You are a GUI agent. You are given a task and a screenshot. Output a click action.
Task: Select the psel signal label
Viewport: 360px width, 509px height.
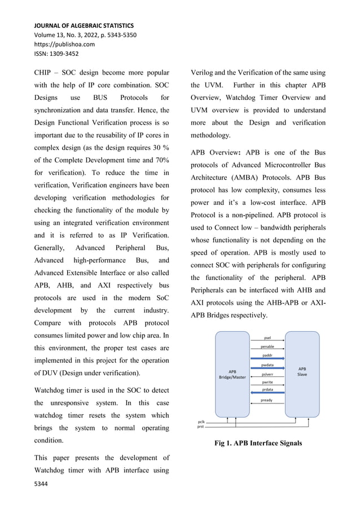tap(267, 338)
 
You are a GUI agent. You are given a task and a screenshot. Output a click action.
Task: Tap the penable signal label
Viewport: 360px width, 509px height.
tap(267, 346)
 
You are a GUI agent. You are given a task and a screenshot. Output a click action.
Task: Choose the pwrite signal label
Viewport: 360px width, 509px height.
tap(267, 383)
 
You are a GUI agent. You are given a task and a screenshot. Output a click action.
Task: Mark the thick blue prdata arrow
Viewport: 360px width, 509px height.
tap(267, 393)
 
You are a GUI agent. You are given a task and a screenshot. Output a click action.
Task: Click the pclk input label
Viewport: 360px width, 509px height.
tap(201, 421)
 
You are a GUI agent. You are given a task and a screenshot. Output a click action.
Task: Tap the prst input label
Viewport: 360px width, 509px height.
tap(201, 427)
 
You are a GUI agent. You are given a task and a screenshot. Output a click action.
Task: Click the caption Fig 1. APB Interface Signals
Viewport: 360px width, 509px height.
tap(258, 443)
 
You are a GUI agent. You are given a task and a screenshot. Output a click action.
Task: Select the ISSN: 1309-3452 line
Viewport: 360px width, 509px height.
tap(56, 54)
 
